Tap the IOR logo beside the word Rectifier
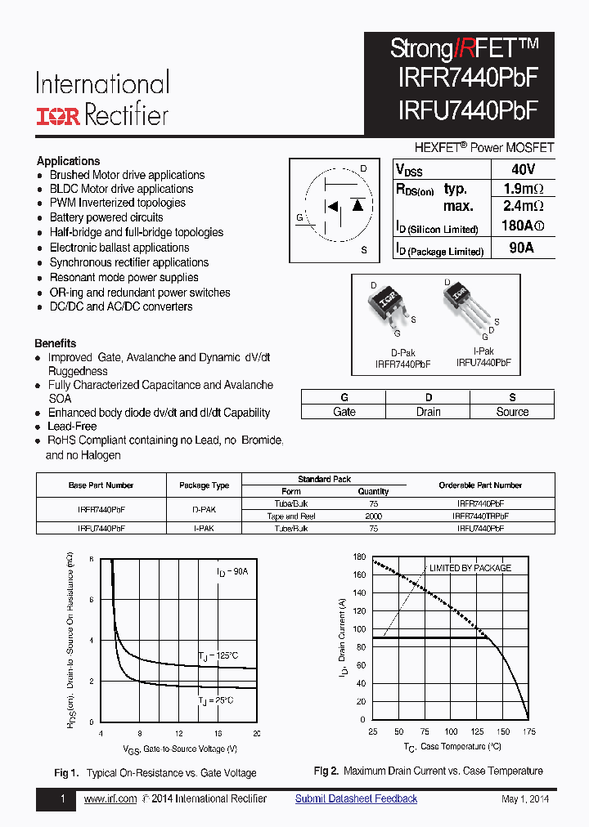[57, 116]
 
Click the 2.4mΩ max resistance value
[522, 207]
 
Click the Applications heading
[69, 161]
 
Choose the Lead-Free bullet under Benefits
[72, 427]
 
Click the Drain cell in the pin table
[428, 412]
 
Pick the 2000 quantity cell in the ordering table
[373, 516]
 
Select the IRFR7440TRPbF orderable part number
[480, 516]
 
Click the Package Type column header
[204, 485]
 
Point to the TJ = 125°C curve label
[218, 655]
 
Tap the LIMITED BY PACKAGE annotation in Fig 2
[470, 568]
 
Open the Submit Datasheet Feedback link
[356, 799]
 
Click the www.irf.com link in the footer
[110, 799]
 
